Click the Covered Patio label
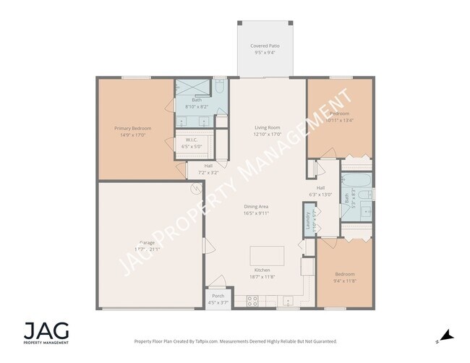click(x=265, y=46)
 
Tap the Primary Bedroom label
click(x=132, y=128)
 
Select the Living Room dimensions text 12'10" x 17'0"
click(x=267, y=134)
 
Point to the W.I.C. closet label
click(x=192, y=140)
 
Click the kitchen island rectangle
click(x=268, y=255)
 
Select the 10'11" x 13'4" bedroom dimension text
click(x=340, y=119)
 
